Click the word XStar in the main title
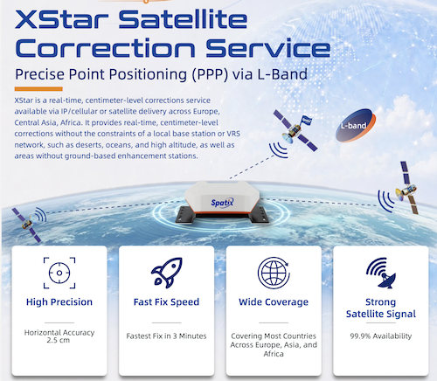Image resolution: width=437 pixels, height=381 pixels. [62, 19]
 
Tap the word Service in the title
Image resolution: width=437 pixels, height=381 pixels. [268, 48]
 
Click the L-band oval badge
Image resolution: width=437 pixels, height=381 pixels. [356, 126]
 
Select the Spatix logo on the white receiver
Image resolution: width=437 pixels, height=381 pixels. [222, 203]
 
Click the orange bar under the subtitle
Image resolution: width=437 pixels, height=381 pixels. [38, 89]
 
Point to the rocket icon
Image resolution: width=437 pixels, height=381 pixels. [167, 273]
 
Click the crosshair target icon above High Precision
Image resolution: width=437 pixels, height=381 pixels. [59, 273]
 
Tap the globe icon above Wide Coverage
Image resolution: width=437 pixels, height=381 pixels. [274, 273]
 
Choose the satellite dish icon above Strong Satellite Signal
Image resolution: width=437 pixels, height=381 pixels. [381, 273]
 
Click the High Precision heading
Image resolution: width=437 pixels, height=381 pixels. [59, 302]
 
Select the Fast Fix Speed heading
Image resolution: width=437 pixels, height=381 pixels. [166, 302]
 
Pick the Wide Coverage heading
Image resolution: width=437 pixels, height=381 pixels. [274, 302]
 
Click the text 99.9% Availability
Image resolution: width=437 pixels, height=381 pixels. [381, 336]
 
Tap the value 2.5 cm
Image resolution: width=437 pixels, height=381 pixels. [59, 340]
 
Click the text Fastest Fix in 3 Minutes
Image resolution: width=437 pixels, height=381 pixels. [166, 336]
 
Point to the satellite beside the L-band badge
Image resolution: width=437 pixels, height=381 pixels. [295, 130]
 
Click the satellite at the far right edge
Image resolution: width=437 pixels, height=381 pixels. [408, 188]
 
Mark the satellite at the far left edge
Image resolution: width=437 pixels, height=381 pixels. [26, 225]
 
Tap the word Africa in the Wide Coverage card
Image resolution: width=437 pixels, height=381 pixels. [274, 354]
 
